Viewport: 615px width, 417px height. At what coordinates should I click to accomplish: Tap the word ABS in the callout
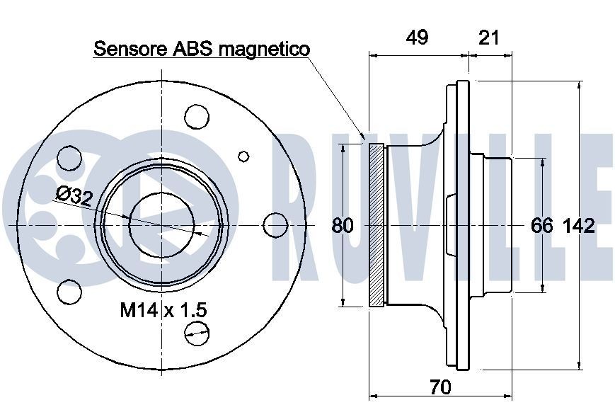(x=185, y=49)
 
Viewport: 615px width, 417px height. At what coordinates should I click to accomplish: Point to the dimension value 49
(x=418, y=38)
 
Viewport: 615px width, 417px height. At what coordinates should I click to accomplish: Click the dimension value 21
(x=488, y=38)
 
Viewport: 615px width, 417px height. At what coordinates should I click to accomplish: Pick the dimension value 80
(x=343, y=226)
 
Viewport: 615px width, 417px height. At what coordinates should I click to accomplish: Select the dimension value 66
(x=542, y=226)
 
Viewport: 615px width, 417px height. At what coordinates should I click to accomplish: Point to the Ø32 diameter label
(x=73, y=195)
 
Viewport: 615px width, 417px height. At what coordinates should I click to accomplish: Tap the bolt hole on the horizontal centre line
(x=275, y=224)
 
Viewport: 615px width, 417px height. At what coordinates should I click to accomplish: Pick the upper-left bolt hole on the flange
(x=69, y=157)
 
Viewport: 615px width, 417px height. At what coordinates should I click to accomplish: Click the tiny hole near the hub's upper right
(x=244, y=156)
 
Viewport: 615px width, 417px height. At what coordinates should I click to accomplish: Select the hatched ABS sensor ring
(x=377, y=225)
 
